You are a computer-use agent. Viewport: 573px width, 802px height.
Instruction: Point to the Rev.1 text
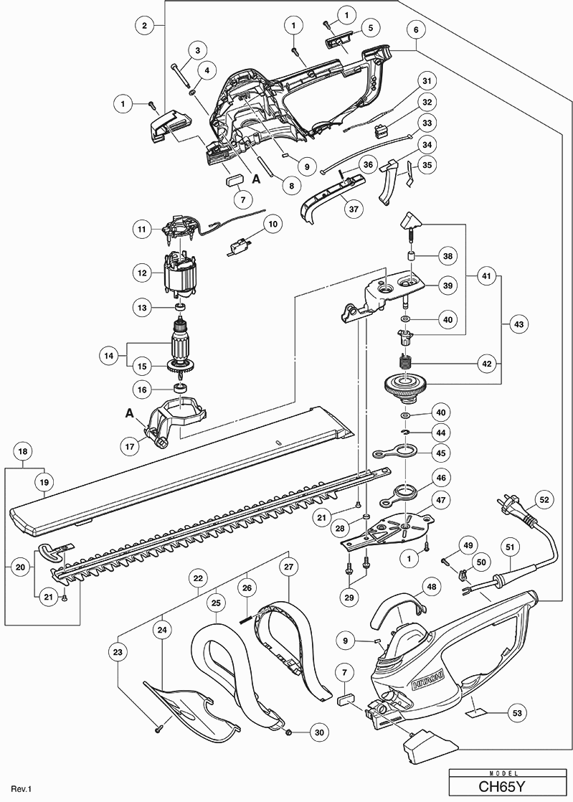[22, 789]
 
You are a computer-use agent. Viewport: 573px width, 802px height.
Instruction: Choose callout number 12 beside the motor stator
[142, 273]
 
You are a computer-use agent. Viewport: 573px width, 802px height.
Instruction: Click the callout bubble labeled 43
[518, 325]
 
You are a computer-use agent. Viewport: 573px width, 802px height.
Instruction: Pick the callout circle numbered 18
[24, 452]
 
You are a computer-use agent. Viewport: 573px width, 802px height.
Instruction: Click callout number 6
[415, 30]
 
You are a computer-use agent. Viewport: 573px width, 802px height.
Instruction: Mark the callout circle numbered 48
[431, 586]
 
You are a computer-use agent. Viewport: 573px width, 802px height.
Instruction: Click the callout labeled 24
[164, 630]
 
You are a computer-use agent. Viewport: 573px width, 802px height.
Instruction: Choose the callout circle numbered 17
[130, 445]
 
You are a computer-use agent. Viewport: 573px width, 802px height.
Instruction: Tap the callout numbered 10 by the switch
[273, 224]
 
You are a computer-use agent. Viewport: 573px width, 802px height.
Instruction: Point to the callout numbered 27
[288, 567]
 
